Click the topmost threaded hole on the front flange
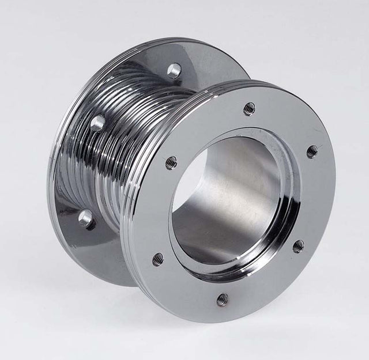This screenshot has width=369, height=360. click(x=249, y=108)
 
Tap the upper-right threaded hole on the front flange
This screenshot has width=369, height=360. click(x=311, y=152)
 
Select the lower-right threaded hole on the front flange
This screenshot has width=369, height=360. click(x=298, y=247)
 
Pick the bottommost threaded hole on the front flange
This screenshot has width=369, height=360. click(x=222, y=300)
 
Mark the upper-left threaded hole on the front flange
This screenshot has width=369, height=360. click(x=171, y=163)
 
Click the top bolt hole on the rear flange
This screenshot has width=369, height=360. click(x=174, y=70)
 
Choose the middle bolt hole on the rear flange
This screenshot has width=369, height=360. click(x=98, y=122)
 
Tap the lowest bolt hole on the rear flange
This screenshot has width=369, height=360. click(x=86, y=219)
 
